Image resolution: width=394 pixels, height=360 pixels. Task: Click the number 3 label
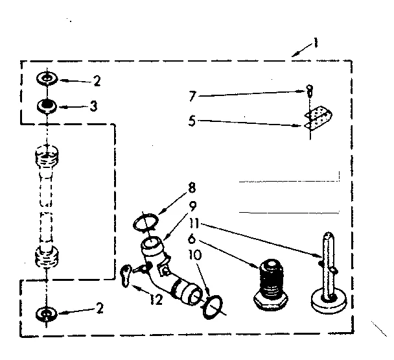pyautogui.click(x=94, y=105)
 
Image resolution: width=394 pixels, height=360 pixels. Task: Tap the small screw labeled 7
pyautogui.click(x=310, y=91)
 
